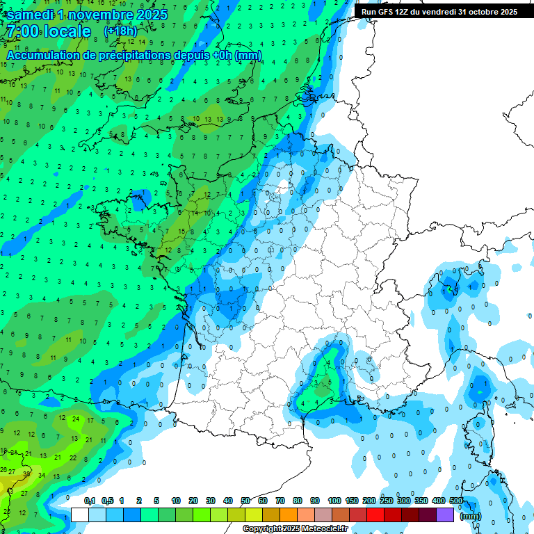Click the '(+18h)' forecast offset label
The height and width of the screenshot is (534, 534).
[120, 31]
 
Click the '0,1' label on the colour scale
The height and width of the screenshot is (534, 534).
[90, 501]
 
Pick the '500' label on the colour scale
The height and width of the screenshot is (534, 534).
[456, 501]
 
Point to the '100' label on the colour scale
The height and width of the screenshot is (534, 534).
[334, 501]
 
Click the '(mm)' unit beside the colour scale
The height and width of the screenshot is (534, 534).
[471, 516]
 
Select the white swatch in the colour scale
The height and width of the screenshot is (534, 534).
[80, 515]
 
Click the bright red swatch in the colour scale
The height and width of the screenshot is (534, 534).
[375, 515]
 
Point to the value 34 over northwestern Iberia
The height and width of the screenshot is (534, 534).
[41, 476]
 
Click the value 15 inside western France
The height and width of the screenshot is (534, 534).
[181, 232]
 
